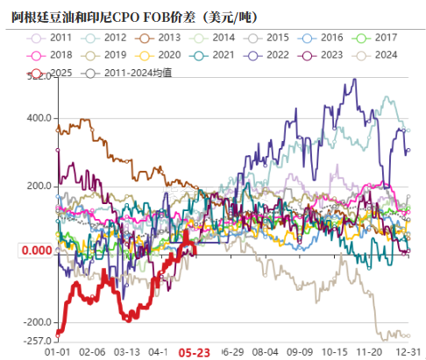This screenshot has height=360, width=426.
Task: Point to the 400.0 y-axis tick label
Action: click(x=38, y=118)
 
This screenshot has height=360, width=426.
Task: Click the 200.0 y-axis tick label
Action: click(x=38, y=186)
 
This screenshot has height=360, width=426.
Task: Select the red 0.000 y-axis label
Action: click(x=33, y=251)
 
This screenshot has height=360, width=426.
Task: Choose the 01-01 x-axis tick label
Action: click(x=58, y=350)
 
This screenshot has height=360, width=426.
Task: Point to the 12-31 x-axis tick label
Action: click(x=408, y=350)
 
